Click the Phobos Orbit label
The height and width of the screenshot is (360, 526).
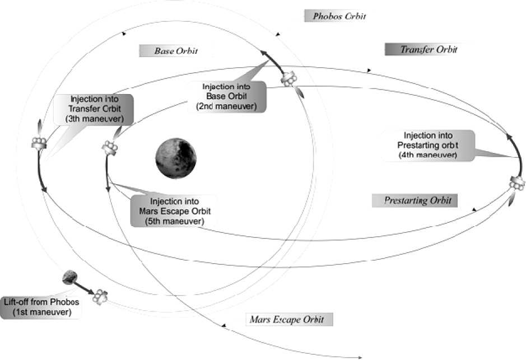[335, 16]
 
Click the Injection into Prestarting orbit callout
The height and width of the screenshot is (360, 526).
[430, 145]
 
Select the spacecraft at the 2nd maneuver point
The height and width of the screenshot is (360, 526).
[289, 80]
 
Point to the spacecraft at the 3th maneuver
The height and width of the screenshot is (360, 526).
[39, 143]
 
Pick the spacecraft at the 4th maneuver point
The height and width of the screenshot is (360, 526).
[517, 183]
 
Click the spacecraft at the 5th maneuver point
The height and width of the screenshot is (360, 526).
[109, 147]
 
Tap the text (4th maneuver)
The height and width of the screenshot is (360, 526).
[430, 155]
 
